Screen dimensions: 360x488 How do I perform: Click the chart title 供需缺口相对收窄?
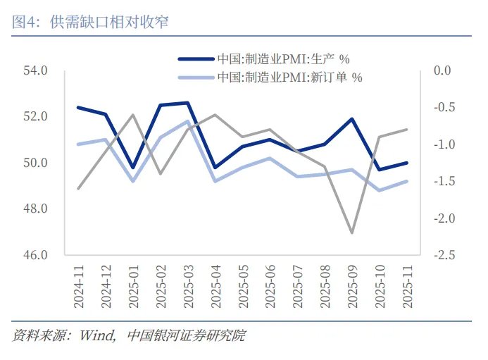[x=110, y=22]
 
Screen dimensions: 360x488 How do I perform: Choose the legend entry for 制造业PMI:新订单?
[x=289, y=77]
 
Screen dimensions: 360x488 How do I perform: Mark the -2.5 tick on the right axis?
[x=444, y=255]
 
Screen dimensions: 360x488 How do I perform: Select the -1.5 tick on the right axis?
[x=444, y=181]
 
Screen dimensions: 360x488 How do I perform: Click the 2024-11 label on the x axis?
[x=78, y=286]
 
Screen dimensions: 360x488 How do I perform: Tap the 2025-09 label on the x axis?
[x=352, y=286]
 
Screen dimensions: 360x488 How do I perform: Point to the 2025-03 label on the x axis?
[x=187, y=286]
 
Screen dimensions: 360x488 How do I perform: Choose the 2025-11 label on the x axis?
[x=407, y=286]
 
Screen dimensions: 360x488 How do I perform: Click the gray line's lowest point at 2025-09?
[x=352, y=232]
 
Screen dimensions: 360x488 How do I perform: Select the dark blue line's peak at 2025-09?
[x=352, y=118]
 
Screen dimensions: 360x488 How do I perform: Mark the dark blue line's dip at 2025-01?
[x=133, y=168]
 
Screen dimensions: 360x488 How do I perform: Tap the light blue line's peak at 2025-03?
[x=187, y=121]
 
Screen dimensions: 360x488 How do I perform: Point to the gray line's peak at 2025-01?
[x=133, y=115]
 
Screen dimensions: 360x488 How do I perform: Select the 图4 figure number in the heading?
[x=26, y=22]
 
